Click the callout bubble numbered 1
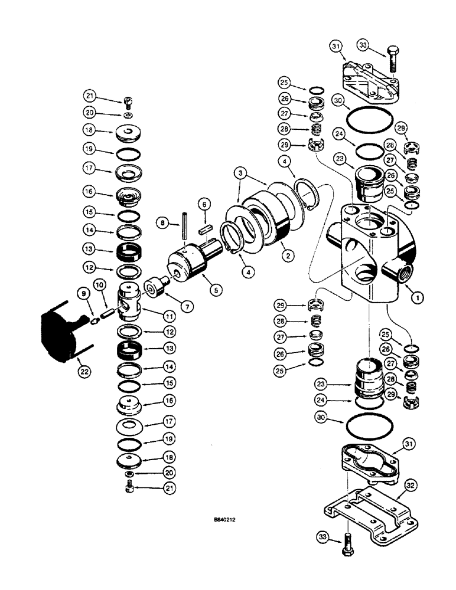tap(418, 299)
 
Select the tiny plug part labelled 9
tap(93, 320)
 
